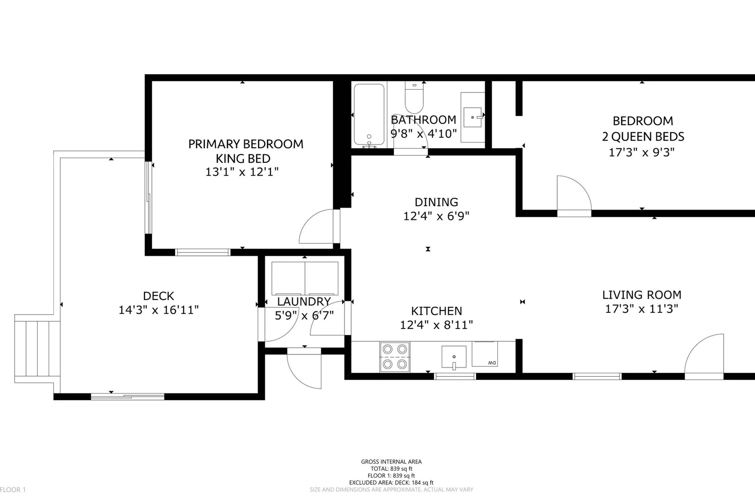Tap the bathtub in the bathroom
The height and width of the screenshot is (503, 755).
369,115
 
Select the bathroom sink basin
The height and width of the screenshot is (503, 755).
472,117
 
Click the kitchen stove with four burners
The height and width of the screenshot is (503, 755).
394,357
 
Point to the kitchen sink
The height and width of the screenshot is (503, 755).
454,357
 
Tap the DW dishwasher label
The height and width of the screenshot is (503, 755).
492,363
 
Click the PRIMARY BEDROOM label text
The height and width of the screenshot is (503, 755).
246,144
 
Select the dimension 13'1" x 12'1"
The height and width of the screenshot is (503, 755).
242,172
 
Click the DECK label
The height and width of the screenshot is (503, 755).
159,296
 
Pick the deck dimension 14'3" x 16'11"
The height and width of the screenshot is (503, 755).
159,310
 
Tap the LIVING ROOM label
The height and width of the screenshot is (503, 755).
642,294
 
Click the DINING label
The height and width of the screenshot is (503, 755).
436,202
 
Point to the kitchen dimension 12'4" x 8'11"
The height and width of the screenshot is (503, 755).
436,325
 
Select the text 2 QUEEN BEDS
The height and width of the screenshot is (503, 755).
643,136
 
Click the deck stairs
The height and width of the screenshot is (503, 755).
37,349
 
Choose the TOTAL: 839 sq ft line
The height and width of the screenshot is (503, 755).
391,469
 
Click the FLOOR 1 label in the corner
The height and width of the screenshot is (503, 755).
13,489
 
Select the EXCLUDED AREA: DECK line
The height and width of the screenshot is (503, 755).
391,482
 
